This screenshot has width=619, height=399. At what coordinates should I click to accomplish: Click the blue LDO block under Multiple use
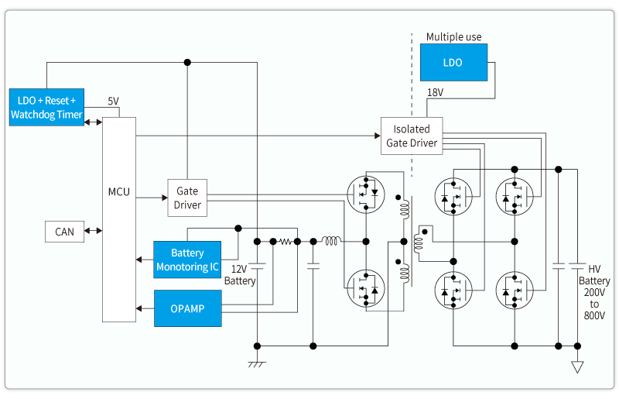click(x=453, y=63)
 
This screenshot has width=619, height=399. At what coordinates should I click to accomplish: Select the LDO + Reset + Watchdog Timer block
click(x=46, y=108)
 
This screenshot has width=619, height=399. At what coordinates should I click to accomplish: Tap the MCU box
click(x=118, y=191)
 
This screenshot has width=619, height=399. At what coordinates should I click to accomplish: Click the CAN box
click(x=64, y=232)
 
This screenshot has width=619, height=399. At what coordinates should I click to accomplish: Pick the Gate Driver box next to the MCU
click(x=187, y=198)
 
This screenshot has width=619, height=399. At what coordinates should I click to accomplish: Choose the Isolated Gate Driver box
click(x=412, y=136)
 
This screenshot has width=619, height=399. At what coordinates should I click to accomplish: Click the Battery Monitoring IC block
click(x=187, y=260)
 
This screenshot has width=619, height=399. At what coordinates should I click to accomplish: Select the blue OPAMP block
click(x=187, y=308)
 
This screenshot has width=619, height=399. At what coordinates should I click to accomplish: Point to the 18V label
click(x=436, y=94)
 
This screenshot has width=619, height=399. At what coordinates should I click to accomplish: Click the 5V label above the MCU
click(x=114, y=101)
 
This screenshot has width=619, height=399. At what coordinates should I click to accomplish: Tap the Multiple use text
click(x=453, y=37)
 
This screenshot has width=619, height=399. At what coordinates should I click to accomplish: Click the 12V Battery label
click(x=240, y=275)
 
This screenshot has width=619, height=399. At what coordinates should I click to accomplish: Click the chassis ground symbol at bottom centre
click(x=257, y=363)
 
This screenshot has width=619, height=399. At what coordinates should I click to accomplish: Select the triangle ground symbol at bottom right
click(x=577, y=366)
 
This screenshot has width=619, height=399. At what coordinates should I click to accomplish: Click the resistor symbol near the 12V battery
click(x=286, y=242)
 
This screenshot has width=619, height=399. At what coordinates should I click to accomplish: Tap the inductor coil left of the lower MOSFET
click(x=330, y=242)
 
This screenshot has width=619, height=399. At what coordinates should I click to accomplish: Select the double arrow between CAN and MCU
click(x=94, y=231)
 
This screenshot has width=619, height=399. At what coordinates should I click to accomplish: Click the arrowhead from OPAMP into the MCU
click(x=140, y=308)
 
